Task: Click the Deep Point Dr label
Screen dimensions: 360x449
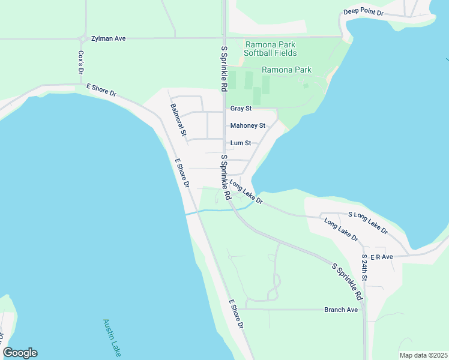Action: (363, 12)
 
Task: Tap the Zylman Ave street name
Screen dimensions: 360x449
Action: (108, 38)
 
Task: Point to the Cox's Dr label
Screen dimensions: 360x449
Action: (80, 62)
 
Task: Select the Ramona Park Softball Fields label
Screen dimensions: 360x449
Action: (270, 49)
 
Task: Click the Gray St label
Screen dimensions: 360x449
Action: (241, 109)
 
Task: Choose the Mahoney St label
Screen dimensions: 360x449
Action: (248, 125)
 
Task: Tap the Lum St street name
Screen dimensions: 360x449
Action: (244, 143)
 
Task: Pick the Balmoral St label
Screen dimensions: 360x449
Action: (179, 119)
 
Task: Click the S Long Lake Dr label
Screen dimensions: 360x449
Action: (368, 222)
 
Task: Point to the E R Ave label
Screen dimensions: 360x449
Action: (381, 257)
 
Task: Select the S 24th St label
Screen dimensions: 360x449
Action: (364, 268)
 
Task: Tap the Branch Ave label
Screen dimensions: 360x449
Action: (341, 310)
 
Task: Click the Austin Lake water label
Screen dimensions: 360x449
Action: (111, 338)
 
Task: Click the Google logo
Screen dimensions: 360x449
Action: (20, 353)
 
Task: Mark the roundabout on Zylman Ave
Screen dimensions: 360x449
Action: (82, 39)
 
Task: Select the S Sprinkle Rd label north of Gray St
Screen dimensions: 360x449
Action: (224, 68)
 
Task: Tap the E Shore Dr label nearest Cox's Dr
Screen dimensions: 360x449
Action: (101, 91)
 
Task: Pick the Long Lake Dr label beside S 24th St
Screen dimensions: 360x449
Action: (341, 230)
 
